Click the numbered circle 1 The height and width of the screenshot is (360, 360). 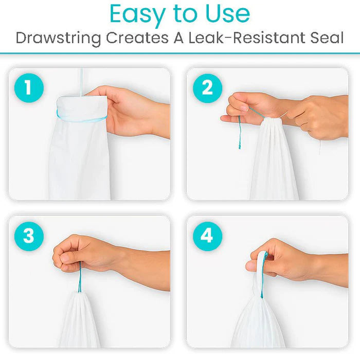coord(29,88)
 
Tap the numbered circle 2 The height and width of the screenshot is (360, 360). coord(208,88)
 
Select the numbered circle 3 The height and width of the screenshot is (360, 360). coord(29,236)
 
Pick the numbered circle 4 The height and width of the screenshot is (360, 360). coord(208,236)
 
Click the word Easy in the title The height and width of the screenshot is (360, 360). coord(137,15)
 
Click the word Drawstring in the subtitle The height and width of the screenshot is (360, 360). coord(58,39)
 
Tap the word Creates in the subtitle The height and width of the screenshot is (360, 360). coord(137,38)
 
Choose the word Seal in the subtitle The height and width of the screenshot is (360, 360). coord(327,38)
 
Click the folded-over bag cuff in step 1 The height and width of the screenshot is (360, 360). coord(82,107)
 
